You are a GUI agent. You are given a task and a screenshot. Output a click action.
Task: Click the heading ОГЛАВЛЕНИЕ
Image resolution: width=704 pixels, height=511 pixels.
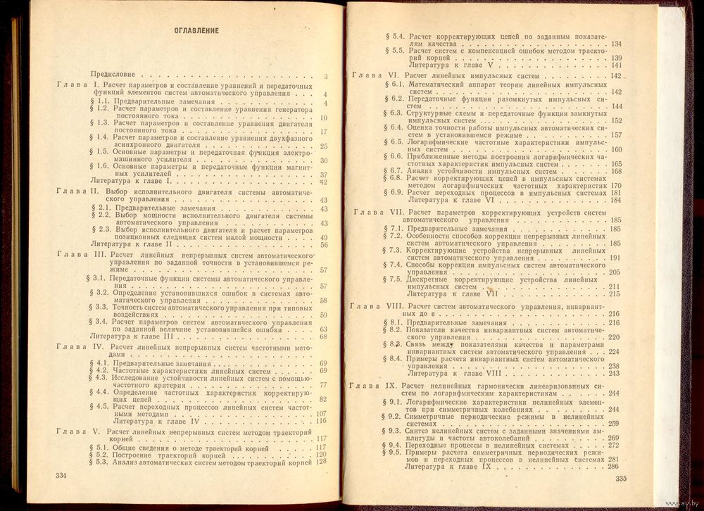[196, 31]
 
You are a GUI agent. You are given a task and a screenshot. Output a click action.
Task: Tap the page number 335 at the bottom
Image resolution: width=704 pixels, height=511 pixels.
[620, 479]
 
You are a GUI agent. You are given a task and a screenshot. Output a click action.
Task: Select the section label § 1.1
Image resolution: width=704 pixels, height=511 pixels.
[100, 102]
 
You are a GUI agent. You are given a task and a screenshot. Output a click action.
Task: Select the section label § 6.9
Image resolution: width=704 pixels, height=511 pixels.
[395, 193]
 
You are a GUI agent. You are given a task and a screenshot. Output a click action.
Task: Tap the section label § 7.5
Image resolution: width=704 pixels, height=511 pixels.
[394, 279]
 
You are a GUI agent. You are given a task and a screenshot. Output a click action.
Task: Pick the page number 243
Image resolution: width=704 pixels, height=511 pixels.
[614, 373]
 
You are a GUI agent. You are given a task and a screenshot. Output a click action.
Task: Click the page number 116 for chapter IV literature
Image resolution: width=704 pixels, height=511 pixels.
[323, 421]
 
